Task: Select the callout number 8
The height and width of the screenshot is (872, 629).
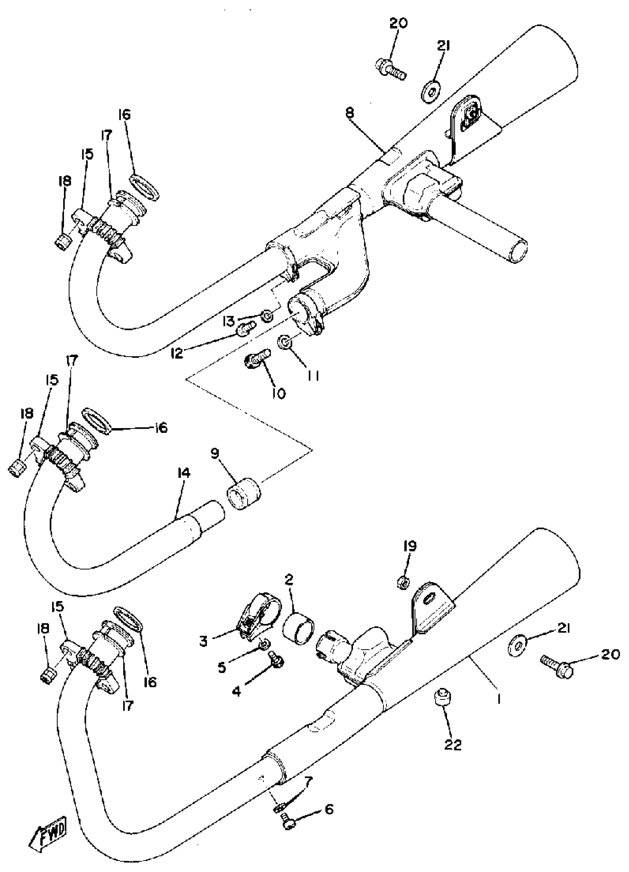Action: coord(350,114)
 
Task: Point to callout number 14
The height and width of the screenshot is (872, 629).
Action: coord(184,474)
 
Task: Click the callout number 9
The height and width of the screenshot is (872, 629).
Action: coord(215,454)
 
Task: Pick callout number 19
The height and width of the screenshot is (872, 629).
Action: coord(410,546)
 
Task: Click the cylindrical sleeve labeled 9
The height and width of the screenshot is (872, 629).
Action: coord(244,493)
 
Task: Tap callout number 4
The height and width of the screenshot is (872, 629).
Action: coord(236,692)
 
